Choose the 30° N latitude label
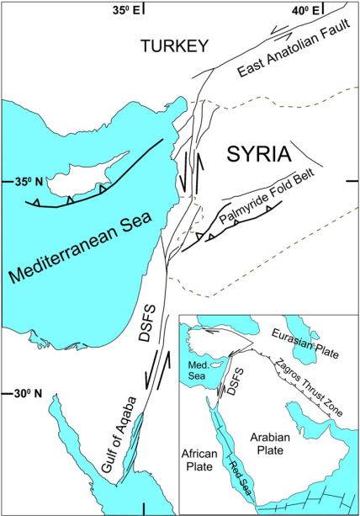click(19, 393)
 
